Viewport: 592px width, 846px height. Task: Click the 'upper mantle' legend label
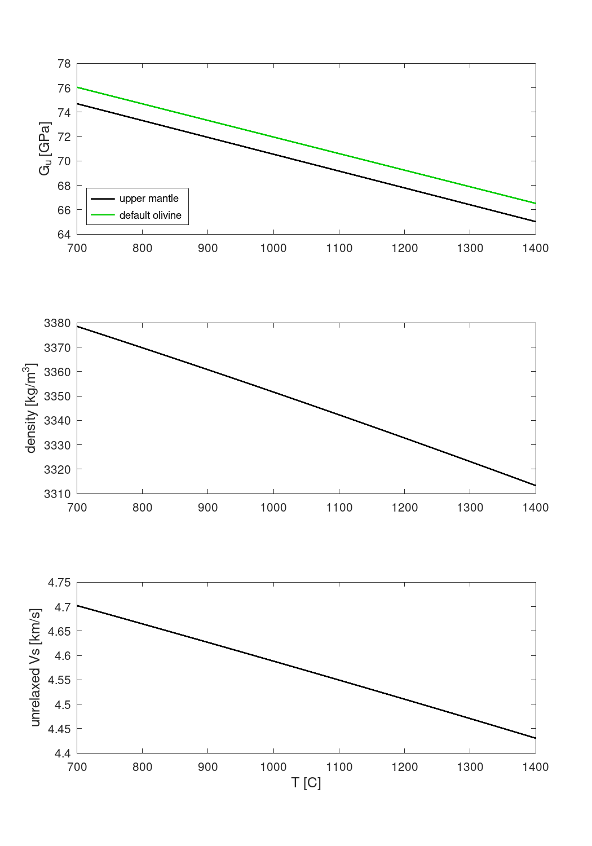[x=149, y=199]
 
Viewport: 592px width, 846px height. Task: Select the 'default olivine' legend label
[x=151, y=215]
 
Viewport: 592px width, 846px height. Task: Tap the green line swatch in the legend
[x=103, y=215]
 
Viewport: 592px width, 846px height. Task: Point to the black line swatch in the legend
[x=103, y=199]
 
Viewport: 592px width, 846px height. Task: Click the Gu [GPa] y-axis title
[x=46, y=149]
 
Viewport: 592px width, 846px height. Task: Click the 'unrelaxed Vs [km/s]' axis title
[x=36, y=668]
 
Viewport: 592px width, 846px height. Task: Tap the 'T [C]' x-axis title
[x=306, y=783]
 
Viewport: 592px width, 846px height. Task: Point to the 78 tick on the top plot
[x=64, y=64]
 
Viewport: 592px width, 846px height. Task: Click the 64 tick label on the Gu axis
[x=64, y=234]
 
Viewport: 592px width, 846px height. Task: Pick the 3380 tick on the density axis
[x=58, y=323]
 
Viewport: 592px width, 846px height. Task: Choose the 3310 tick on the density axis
[x=58, y=493]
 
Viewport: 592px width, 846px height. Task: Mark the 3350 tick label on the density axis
[x=58, y=396]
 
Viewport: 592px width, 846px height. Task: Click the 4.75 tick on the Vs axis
[x=59, y=583]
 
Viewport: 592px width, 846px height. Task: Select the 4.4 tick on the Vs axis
[x=63, y=753]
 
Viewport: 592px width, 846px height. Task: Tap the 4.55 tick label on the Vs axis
[x=59, y=680]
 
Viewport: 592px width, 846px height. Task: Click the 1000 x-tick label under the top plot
[x=273, y=248]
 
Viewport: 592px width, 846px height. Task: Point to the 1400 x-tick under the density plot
[x=535, y=508]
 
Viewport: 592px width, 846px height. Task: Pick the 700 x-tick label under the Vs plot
[x=77, y=767]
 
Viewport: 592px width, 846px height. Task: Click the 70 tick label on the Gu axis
[x=64, y=161]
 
